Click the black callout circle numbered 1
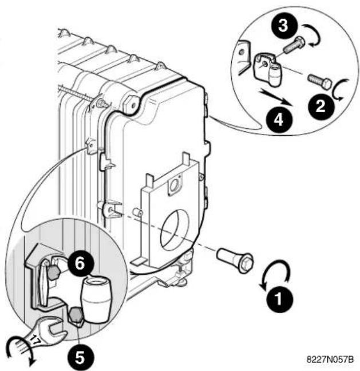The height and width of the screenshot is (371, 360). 280,299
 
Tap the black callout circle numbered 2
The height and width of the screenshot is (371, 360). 321,106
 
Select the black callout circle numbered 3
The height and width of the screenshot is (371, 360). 283,25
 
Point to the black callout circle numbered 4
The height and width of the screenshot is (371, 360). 279,120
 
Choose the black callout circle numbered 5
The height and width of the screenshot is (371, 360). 80,357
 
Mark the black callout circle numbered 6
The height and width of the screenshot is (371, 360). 80,263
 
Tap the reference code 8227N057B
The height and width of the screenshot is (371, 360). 330,359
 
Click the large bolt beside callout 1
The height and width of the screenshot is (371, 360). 235,260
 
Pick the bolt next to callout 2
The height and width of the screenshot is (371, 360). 319,81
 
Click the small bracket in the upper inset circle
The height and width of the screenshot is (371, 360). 267,69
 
